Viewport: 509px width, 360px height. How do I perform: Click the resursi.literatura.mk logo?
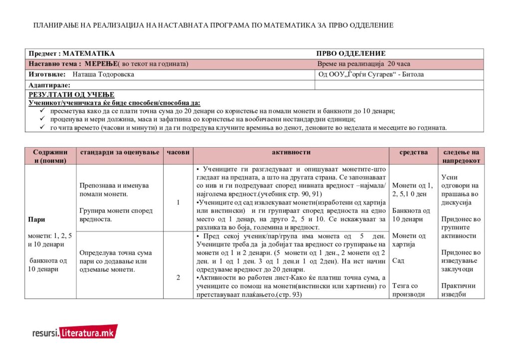74,332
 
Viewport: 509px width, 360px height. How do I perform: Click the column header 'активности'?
291,153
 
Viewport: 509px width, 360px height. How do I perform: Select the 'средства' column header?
413,153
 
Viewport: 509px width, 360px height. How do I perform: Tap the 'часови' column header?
178,153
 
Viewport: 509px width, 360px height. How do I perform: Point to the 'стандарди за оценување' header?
119,153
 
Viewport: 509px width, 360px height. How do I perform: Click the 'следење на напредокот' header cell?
461,157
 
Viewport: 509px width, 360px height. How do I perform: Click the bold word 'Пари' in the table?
36,219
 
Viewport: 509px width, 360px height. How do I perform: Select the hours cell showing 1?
178,202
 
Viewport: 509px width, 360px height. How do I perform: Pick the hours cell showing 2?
178,278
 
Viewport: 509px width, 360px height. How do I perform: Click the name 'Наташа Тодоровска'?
103,74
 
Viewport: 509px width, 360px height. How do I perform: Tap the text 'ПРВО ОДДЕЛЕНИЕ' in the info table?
351,53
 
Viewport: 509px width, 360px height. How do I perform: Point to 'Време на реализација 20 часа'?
364,64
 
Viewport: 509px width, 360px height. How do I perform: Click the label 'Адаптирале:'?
49,85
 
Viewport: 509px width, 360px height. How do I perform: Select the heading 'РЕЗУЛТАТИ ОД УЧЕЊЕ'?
71,95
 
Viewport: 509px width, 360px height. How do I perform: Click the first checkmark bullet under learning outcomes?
42,111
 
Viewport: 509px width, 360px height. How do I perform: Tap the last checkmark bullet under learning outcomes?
42,128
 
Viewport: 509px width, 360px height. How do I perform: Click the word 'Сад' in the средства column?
398,261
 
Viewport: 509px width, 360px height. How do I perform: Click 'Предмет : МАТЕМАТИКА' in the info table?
71,53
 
